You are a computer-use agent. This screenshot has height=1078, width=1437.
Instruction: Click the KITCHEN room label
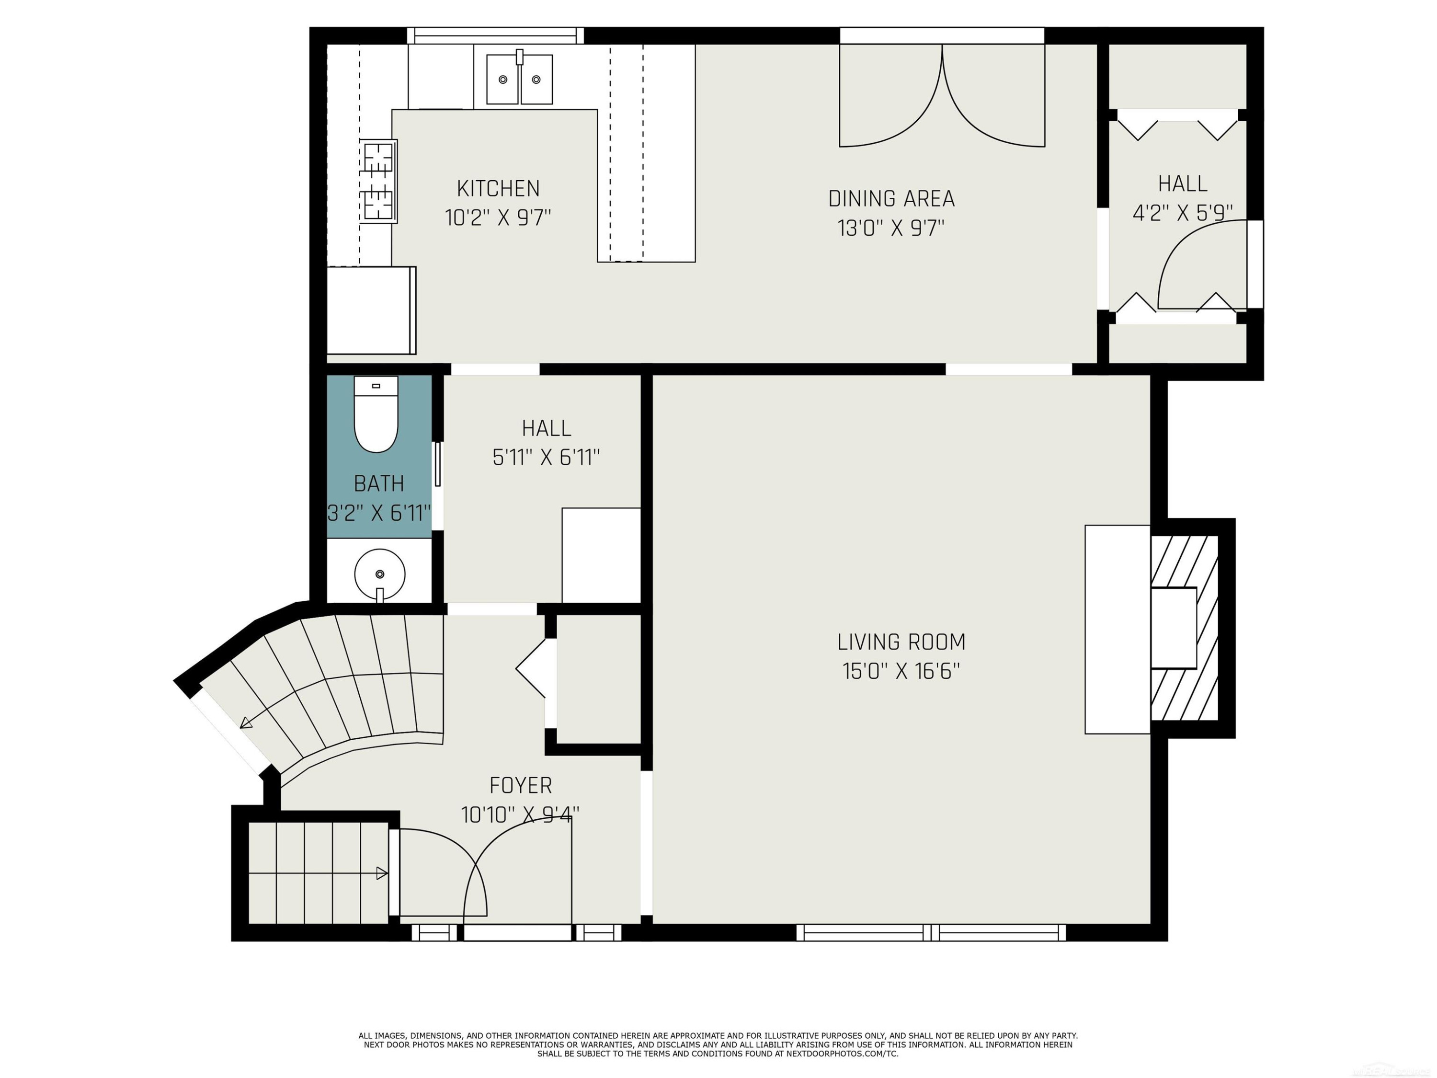[x=498, y=188]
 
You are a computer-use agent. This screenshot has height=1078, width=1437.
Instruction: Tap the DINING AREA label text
[x=891, y=198]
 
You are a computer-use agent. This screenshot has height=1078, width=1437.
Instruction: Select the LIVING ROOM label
[x=901, y=642]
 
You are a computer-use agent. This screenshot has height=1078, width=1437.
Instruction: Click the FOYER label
[x=520, y=786]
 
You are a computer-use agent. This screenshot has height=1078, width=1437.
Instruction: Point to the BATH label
[x=379, y=483]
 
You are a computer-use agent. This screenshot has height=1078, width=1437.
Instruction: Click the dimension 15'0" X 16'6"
[x=901, y=671]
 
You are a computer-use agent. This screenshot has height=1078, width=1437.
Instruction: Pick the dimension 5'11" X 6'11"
[x=546, y=458]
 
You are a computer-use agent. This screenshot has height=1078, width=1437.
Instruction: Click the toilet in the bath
[x=376, y=414]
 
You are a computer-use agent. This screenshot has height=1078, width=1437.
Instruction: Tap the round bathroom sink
[x=379, y=574]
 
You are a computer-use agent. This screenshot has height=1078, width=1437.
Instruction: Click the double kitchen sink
[x=520, y=79]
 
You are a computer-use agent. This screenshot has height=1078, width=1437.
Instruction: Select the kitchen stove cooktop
[x=379, y=181]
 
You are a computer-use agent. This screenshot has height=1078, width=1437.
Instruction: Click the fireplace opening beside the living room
[x=1173, y=628]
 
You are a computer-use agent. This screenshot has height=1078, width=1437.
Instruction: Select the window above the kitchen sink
[x=495, y=36]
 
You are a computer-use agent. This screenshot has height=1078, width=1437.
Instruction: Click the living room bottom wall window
[x=931, y=932]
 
